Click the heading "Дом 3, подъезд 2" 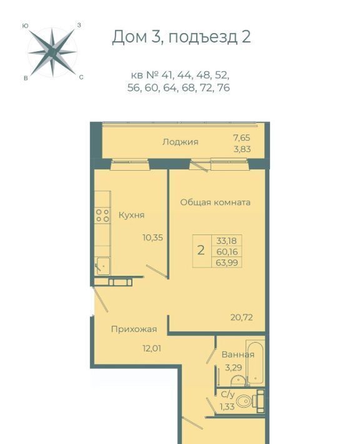[181, 37]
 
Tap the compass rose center [52, 52]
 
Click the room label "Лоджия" [180, 141]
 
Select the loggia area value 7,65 [242, 138]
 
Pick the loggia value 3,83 [242, 149]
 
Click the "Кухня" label [131, 215]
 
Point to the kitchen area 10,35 [153, 238]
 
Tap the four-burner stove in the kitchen [102, 215]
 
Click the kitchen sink [102, 266]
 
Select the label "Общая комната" [216, 203]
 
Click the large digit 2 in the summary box [201, 251]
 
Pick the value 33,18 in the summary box [226, 241]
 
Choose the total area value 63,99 [227, 263]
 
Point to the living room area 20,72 [242, 317]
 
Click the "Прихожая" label [134, 330]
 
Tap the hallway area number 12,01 [152, 348]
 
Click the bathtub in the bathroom [255, 362]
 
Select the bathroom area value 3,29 [234, 368]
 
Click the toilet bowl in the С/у [243, 401]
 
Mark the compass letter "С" [81, 78]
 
